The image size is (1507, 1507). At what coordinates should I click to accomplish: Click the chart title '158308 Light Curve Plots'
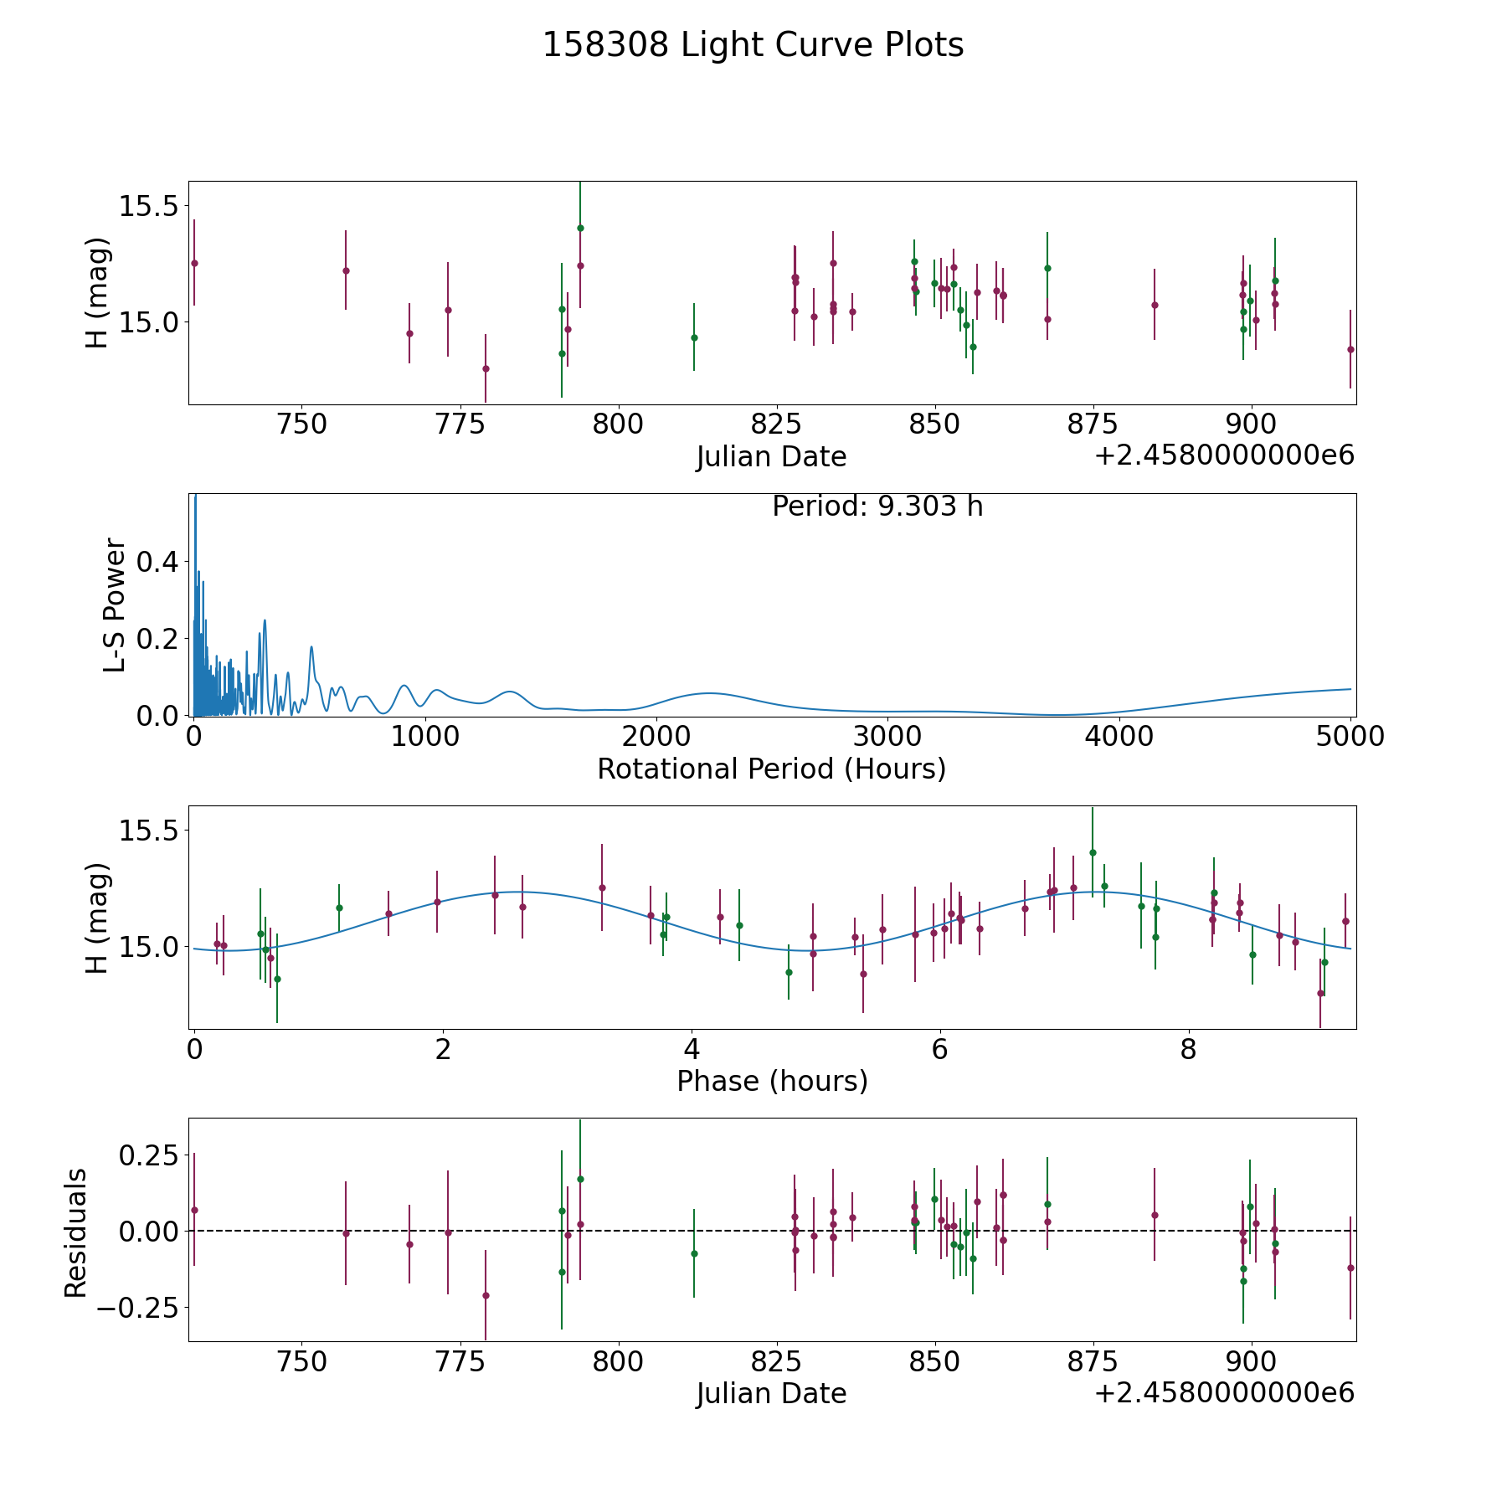pyautogui.click(x=753, y=45)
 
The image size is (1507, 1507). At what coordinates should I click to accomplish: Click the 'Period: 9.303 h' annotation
pyautogui.click(x=877, y=507)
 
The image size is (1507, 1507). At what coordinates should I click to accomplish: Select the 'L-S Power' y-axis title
pyautogui.click(x=116, y=604)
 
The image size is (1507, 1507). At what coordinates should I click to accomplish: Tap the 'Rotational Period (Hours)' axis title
pyautogui.click(x=771, y=769)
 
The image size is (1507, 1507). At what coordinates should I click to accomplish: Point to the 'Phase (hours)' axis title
pyautogui.click(x=772, y=1081)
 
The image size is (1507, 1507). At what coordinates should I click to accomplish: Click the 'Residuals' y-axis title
pyautogui.click(x=76, y=1233)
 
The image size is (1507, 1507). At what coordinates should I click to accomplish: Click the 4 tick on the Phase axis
pyautogui.click(x=691, y=1049)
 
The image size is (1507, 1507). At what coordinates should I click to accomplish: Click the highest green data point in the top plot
pyautogui.click(x=580, y=228)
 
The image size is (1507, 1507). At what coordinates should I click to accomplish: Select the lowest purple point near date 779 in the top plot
pyautogui.click(x=486, y=368)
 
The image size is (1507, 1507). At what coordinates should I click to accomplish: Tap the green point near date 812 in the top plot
pyautogui.click(x=694, y=337)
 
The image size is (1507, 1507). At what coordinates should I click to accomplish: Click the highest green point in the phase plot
pyautogui.click(x=1093, y=852)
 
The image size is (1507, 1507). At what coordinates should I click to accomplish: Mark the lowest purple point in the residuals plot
pyautogui.click(x=486, y=1295)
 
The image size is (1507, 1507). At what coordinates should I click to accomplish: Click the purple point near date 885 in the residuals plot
pyautogui.click(x=1155, y=1215)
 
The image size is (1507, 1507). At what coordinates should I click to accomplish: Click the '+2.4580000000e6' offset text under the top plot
pyautogui.click(x=1224, y=455)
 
